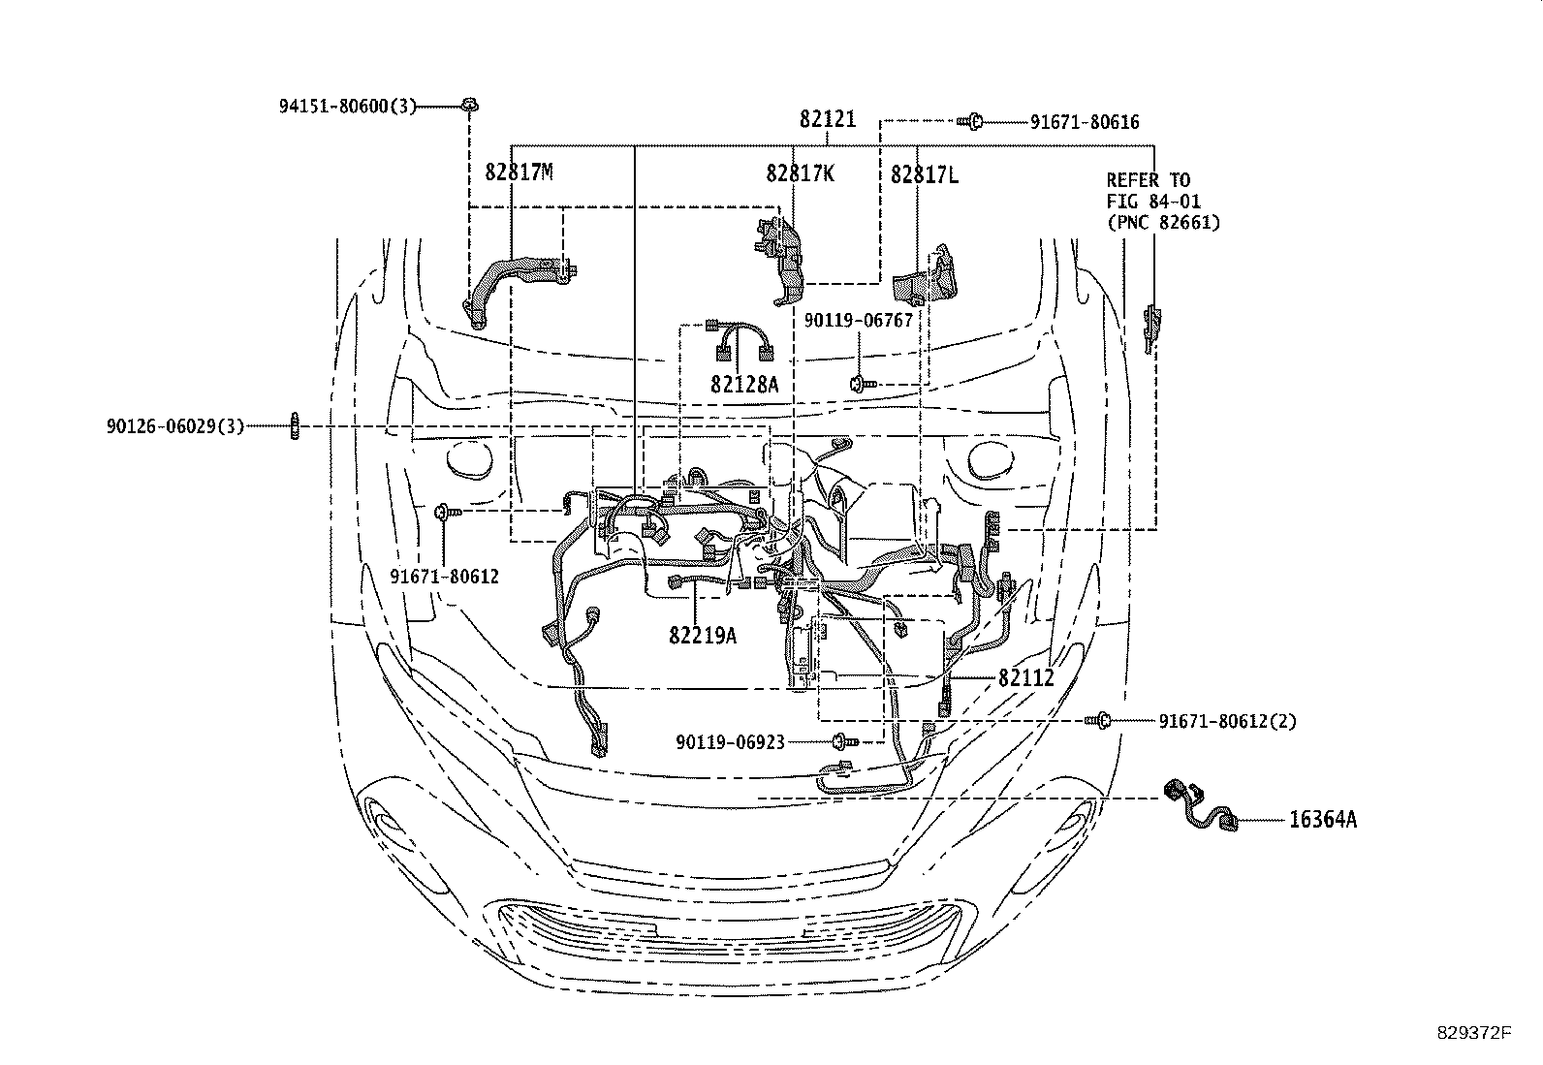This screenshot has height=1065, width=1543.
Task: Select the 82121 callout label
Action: [828, 119]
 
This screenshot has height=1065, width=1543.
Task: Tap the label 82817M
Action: [519, 172]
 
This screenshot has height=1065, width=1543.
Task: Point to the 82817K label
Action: [800, 173]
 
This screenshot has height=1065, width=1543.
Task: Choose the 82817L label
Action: [925, 174]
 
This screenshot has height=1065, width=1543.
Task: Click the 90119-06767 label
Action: [859, 320]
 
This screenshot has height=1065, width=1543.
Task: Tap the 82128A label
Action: [744, 384]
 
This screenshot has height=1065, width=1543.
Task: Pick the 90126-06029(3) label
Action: [175, 426]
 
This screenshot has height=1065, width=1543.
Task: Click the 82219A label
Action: [702, 635]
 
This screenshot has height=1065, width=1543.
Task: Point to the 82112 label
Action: [1025, 678]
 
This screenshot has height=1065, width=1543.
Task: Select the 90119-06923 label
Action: [731, 742]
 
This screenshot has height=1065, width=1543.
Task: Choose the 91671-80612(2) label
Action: [1227, 721]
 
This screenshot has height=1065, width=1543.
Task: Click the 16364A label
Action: [1322, 820]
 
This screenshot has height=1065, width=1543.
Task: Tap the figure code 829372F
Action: [1473, 1032]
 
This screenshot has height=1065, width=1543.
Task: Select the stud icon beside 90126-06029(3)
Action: [293, 425]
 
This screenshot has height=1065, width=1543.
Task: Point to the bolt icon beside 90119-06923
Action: [843, 742]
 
